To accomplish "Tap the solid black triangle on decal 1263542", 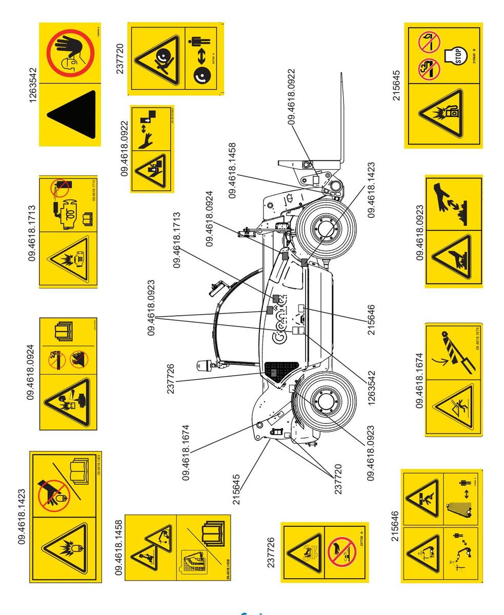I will click(74, 115).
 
